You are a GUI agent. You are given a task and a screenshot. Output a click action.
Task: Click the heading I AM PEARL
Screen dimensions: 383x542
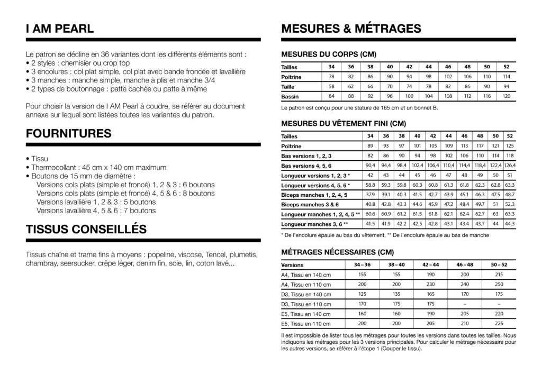coord(60,29)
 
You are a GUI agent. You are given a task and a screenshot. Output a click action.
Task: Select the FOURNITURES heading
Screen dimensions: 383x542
coord(68,134)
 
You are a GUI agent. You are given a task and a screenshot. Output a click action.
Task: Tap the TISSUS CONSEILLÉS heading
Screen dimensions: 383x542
coord(86,230)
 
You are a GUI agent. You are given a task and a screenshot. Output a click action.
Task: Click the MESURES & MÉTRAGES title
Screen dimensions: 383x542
coord(351,29)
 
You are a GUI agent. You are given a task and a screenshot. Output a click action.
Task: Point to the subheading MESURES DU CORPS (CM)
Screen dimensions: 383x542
coord(329,54)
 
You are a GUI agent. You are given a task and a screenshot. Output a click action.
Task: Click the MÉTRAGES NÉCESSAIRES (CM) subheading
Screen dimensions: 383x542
coord(337,252)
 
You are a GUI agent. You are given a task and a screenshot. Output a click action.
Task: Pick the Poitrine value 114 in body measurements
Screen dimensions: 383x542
coord(507,77)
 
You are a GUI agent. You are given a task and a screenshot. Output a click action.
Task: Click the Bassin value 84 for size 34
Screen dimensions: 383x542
coord(331,97)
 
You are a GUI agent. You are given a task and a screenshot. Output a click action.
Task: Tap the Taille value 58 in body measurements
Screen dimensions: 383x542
coord(331,87)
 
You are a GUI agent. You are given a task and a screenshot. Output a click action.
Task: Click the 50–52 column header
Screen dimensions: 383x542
coord(499,265)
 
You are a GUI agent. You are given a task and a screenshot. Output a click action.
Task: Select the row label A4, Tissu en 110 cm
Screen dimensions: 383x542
coord(307,285)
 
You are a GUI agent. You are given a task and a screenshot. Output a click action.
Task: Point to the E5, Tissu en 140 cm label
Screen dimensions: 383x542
coord(307,314)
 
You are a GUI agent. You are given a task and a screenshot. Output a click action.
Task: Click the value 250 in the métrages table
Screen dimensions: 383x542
coord(499,285)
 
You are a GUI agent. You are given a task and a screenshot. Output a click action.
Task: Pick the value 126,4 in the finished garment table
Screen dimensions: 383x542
coord(510,166)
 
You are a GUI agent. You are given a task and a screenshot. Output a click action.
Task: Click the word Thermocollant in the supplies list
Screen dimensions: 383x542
coord(54,167)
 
